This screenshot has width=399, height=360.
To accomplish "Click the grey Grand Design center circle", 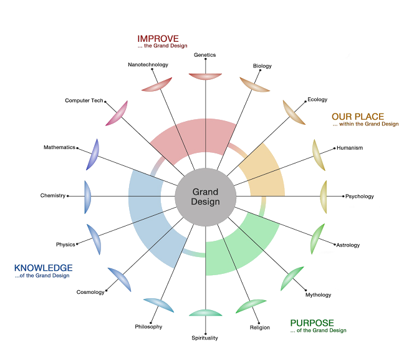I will pos(205,197).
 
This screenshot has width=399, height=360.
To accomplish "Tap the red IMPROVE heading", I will pos(158,38).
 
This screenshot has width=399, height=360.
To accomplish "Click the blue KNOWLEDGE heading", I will pos(43,268).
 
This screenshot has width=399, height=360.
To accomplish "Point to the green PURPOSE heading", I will pos(312,323).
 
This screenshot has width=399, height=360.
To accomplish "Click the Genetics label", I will pos(204,55).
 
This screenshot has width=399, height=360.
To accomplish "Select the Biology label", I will pos(262,66).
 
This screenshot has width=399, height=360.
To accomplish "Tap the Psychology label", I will pos(359,197).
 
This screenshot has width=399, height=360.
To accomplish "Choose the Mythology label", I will pos(317,295).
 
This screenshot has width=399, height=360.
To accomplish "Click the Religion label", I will pos(260,328).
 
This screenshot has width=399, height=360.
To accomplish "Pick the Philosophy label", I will pos(148,327).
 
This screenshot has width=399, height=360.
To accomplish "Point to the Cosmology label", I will pos(90,292).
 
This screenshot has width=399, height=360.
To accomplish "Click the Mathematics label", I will pos(60,148).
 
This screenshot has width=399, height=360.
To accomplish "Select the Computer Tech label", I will pos(84,100).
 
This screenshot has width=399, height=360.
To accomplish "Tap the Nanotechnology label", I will pos(148,64).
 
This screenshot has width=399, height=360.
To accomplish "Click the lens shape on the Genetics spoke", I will pos(205,76).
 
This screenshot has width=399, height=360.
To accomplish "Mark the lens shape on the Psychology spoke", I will pos(325,196).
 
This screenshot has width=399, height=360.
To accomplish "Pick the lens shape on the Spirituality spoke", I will pos(205,313).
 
